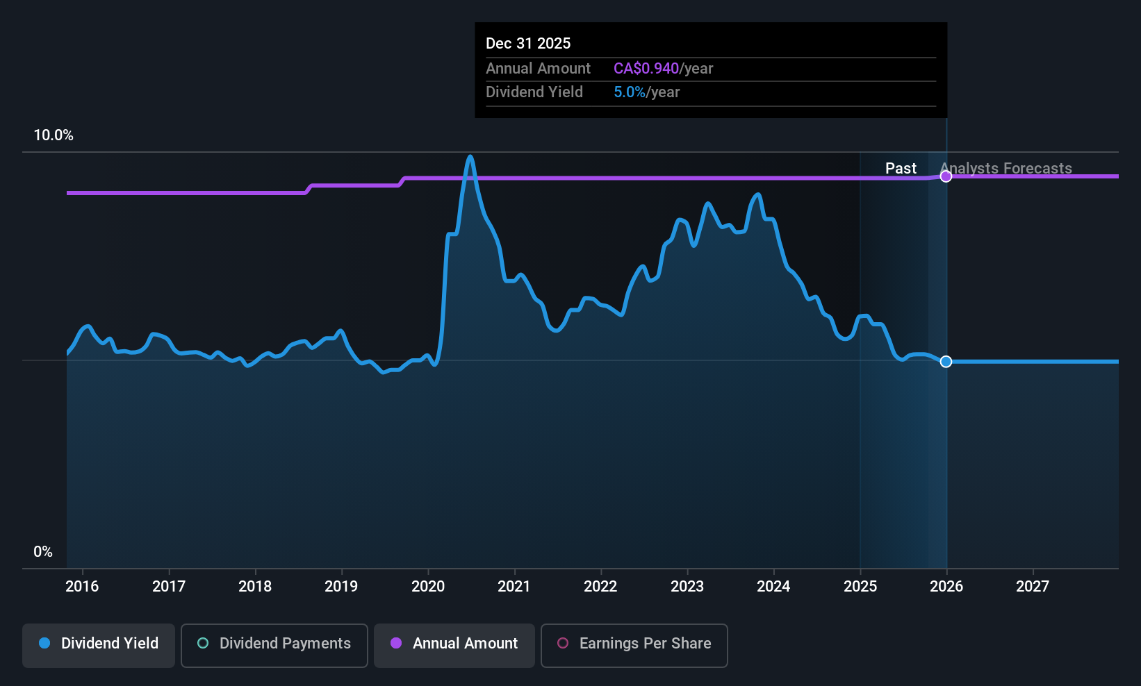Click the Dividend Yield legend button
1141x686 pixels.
(x=99, y=644)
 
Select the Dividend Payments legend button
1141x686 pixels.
(x=274, y=644)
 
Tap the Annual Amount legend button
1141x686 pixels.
(x=454, y=644)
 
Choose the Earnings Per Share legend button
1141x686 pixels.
(x=634, y=644)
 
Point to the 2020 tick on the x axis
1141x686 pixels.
(x=428, y=587)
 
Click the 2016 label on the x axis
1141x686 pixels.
(x=82, y=587)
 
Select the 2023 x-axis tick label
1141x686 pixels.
(x=687, y=587)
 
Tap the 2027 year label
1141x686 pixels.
(x=1033, y=587)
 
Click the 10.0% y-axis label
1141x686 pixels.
(x=54, y=135)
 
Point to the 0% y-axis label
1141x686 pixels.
(x=43, y=552)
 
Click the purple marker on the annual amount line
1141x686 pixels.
(x=946, y=176)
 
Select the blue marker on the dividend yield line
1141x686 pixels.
(x=946, y=362)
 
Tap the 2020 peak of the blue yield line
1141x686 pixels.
(x=470, y=157)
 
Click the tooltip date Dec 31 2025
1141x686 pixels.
(x=528, y=44)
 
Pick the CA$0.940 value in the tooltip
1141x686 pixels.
(x=646, y=69)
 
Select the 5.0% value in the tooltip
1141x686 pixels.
(x=630, y=92)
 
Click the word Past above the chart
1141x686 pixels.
(x=901, y=169)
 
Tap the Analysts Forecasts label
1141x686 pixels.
(x=1006, y=169)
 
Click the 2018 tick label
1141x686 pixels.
(x=255, y=587)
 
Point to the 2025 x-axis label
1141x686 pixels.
(x=860, y=587)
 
